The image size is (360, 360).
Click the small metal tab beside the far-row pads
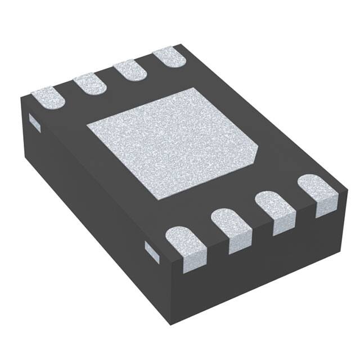tap(34, 122)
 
